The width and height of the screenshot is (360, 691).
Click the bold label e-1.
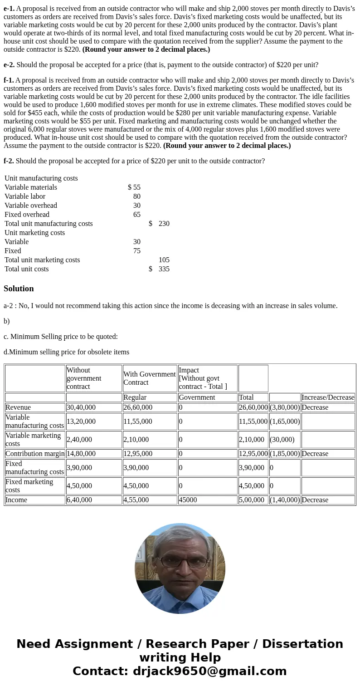(9, 8)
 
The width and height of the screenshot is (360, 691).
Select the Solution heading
(19, 289)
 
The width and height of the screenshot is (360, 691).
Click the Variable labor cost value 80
(136, 196)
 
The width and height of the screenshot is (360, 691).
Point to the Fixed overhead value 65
(136, 215)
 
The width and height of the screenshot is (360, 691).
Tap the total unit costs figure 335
(164, 269)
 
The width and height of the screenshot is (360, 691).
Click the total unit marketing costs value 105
(164, 260)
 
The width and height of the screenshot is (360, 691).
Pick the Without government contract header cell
(93, 378)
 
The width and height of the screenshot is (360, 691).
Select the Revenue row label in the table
(18, 407)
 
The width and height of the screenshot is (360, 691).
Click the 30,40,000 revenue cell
(81, 407)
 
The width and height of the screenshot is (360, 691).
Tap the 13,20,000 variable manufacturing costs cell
(81, 421)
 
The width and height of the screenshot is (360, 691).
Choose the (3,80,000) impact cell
(285, 407)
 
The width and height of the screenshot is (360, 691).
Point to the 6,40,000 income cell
(79, 500)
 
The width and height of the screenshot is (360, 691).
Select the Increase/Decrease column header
(328, 397)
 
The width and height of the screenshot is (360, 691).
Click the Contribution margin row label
(35, 454)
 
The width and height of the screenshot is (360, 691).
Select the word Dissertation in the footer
(302, 644)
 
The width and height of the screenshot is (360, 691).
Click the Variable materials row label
(31, 187)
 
